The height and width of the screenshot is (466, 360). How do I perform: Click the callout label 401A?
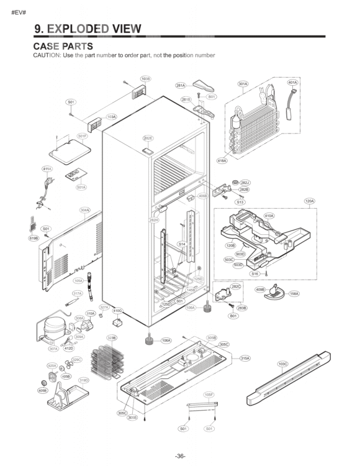tap(292, 82)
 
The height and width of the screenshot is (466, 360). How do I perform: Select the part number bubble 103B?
tap(145, 79)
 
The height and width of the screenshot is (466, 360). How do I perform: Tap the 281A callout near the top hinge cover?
tap(181, 85)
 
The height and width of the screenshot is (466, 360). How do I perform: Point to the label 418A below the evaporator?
tap(222, 160)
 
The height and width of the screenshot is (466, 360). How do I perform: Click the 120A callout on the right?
tap(309, 201)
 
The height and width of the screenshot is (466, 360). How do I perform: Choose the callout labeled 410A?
tap(269, 216)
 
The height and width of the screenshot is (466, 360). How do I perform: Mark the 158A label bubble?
tap(294, 294)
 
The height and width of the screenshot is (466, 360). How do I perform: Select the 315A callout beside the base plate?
tap(245, 359)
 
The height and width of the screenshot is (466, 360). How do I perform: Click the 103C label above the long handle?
tap(282, 363)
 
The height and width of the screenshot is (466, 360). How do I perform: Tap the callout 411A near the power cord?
tap(47, 168)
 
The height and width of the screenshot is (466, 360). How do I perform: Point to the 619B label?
tap(34, 237)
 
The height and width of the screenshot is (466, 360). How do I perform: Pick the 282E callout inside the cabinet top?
tap(148, 138)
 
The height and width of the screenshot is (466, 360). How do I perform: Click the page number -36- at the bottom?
tap(179, 456)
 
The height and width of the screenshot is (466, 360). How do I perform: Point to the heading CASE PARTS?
tap(63, 46)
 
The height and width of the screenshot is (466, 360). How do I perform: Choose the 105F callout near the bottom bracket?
tap(209, 395)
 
